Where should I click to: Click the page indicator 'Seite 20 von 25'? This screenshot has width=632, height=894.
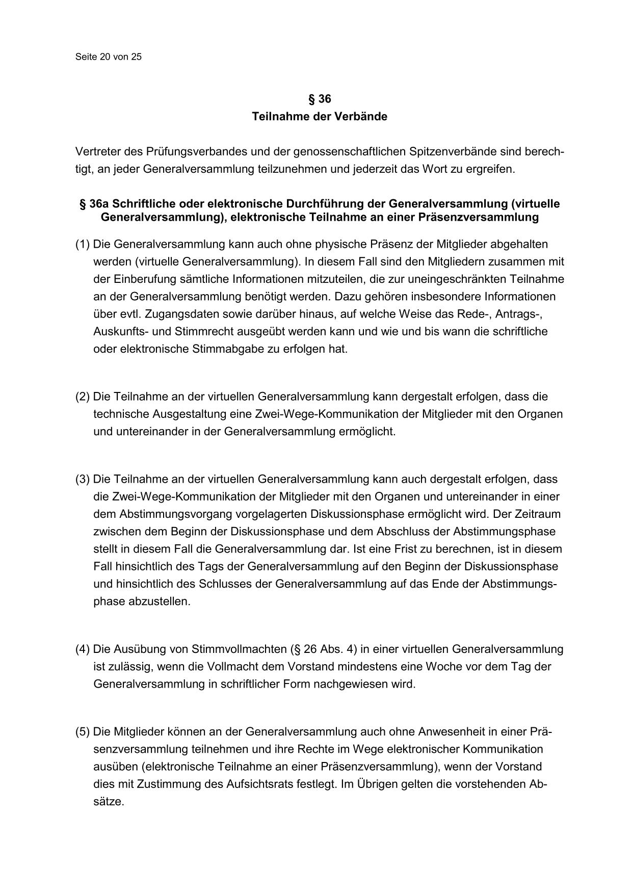[x=108, y=57]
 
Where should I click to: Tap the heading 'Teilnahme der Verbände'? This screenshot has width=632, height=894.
[x=320, y=117]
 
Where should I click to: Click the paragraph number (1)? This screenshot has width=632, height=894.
[x=83, y=245]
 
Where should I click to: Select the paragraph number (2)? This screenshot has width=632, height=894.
[x=83, y=397]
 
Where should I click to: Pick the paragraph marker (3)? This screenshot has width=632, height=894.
[x=83, y=479]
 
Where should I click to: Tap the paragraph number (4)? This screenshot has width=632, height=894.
[x=83, y=649]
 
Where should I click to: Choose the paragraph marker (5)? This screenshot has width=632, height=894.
[x=83, y=732]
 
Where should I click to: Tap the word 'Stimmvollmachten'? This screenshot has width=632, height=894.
[x=239, y=649]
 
